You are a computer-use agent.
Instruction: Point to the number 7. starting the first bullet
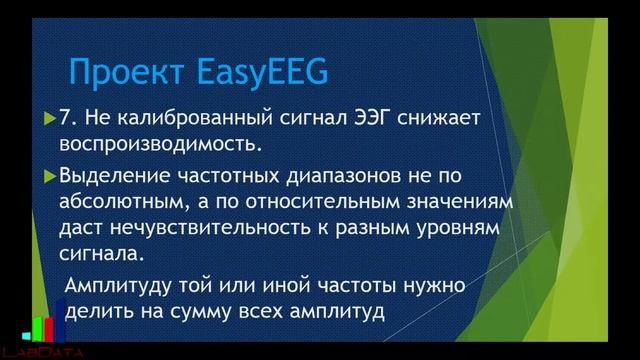pyautogui.click(x=69, y=119)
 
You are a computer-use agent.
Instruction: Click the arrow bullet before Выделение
pyautogui.click(x=52, y=176)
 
